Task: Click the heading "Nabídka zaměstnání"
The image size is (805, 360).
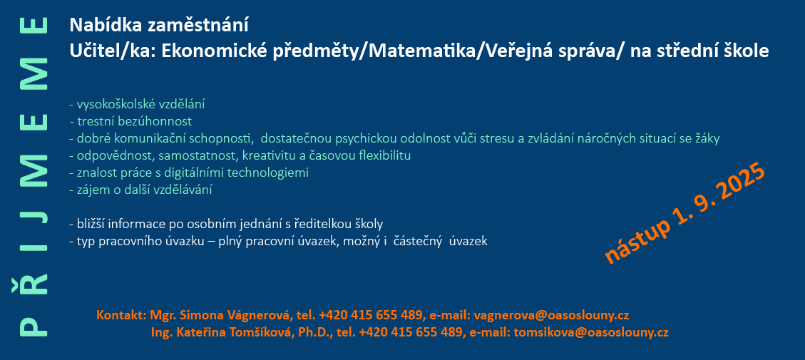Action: pos(159,25)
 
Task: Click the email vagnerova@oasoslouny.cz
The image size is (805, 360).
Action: pos(551,315)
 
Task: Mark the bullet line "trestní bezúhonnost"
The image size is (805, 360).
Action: pos(131,122)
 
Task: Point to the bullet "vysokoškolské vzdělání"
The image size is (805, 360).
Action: pos(137,105)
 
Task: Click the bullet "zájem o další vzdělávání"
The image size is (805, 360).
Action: pos(140,190)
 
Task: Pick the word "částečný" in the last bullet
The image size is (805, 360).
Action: pos(417,242)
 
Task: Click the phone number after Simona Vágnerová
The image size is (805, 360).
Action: pos(371,315)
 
